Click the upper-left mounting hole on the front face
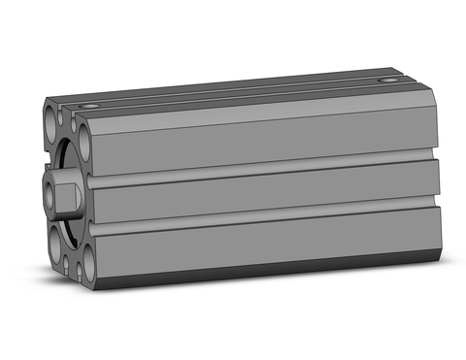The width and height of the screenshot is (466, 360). click(51, 124)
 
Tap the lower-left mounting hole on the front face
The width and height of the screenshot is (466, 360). click(50, 239)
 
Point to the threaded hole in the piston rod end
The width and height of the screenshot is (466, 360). click(49, 183)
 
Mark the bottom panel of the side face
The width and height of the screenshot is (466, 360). click(262, 243)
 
